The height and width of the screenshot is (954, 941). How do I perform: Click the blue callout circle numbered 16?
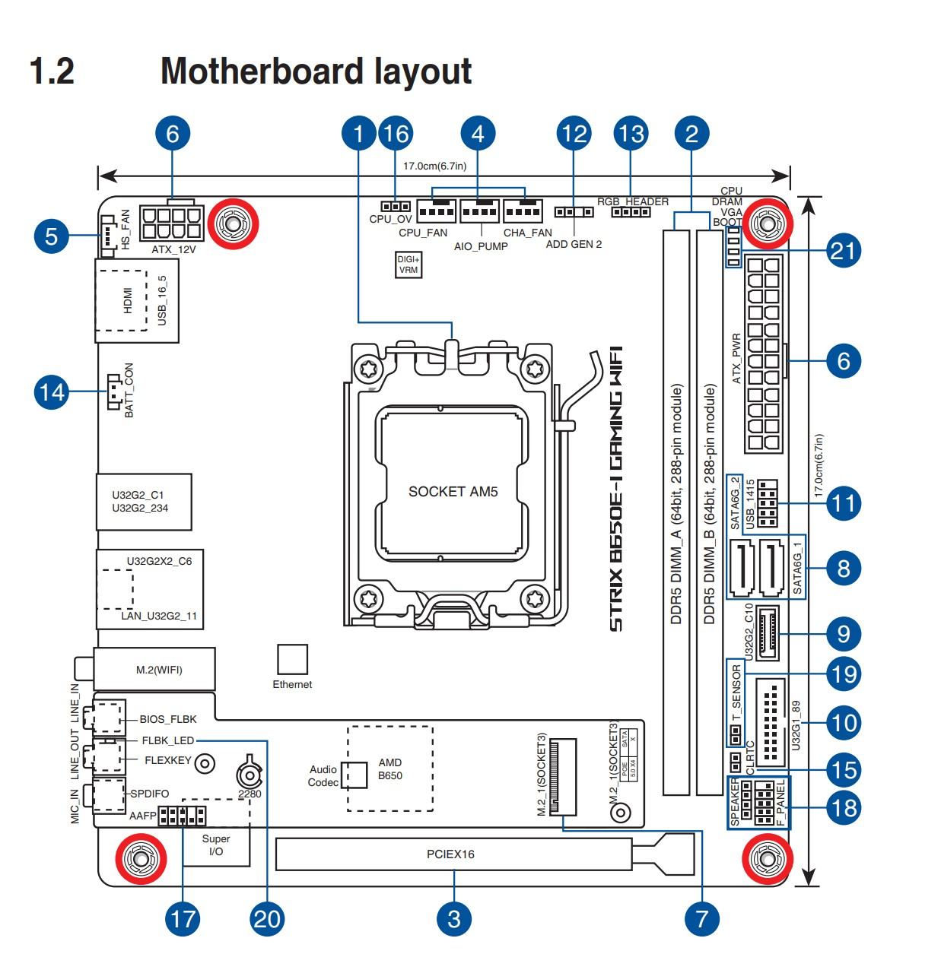tap(395, 134)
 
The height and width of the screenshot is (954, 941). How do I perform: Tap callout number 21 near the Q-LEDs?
tap(843, 250)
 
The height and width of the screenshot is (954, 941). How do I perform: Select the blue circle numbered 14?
tap(52, 392)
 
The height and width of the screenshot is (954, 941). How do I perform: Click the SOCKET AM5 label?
tap(453, 492)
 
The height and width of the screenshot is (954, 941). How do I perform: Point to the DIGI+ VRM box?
tap(409, 264)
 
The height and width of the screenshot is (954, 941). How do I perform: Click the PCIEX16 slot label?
tap(450, 854)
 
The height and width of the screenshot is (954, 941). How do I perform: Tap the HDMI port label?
tap(128, 300)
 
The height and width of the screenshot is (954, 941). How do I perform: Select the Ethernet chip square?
tap(292, 659)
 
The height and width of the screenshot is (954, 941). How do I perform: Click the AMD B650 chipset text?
tap(390, 769)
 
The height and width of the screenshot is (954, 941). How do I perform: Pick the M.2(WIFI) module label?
tap(159, 670)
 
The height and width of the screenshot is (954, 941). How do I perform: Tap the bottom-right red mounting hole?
tap(764, 860)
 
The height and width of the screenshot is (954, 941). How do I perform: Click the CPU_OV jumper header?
tap(395, 207)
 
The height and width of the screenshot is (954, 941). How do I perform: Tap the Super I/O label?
tap(216, 845)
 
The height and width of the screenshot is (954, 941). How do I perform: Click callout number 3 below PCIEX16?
tap(454, 918)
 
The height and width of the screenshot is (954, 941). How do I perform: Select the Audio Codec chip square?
tap(353, 775)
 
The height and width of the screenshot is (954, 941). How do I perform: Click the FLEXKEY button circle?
tap(204, 763)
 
